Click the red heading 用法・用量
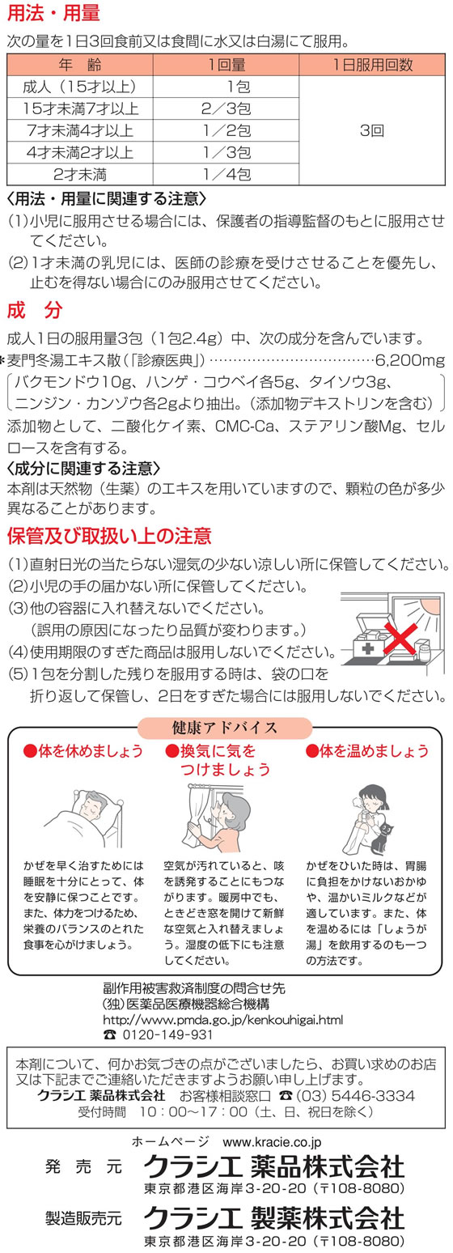[53, 13]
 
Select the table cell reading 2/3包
[226, 108]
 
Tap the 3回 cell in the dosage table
[372, 130]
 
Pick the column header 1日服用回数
[372, 65]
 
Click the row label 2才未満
[80, 175]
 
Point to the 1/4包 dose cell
[226, 175]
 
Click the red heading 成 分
[35, 310]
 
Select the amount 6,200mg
[410, 359]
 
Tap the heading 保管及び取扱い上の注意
[109, 536]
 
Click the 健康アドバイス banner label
[225, 728]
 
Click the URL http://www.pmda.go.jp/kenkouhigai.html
[222, 1020]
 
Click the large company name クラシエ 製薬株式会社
[274, 1217]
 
